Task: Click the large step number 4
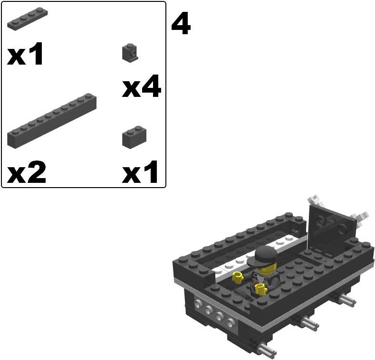pos(181,24)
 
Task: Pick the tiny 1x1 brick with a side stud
pos(129,53)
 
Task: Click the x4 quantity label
pos(141,88)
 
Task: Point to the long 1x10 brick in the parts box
pos(52,121)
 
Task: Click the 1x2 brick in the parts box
pos(134,137)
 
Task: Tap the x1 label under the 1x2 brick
pos(140,174)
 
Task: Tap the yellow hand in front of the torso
pos(260,288)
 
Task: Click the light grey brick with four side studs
pos(214,314)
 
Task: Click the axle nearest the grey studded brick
pos(266,350)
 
